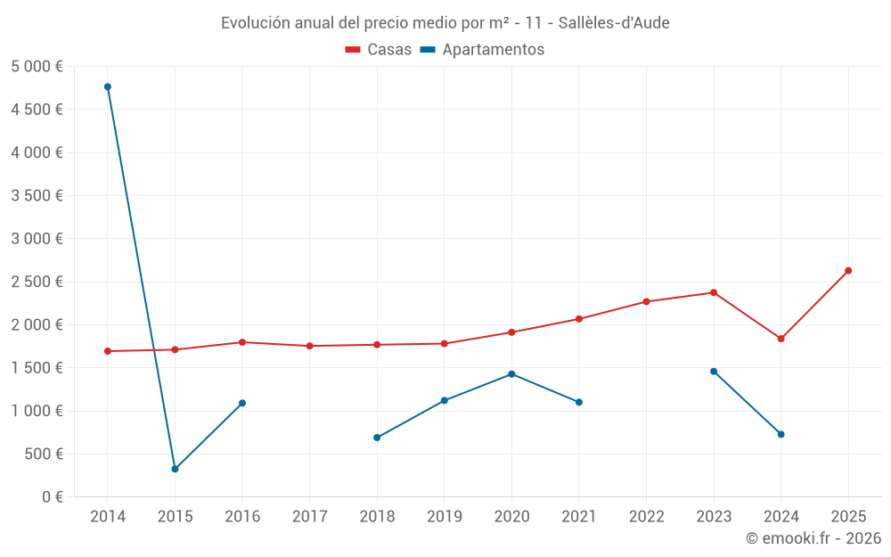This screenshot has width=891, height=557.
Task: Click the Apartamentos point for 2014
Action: (108, 86)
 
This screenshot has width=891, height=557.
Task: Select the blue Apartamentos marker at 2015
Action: (175, 469)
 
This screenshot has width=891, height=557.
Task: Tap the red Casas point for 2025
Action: (848, 270)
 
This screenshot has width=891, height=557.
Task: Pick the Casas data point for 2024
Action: (781, 339)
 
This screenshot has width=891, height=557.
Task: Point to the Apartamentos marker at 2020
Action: (511, 374)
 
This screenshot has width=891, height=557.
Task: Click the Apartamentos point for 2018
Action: (377, 438)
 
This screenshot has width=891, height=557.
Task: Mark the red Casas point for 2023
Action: (714, 292)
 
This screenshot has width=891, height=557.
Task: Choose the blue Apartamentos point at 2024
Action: (781, 434)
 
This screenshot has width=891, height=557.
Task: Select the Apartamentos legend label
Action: (493, 50)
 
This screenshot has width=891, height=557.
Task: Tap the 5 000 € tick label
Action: (37, 67)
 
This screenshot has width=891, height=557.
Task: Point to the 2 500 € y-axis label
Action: (37, 282)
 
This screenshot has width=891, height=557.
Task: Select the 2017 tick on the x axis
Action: (309, 516)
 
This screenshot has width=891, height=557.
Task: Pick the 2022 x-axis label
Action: (646, 516)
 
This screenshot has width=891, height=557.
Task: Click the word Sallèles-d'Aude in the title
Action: (614, 22)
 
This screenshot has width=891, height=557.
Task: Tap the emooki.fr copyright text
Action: (813, 538)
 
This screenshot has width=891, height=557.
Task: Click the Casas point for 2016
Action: (242, 342)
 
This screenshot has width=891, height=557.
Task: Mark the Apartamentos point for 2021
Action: (579, 402)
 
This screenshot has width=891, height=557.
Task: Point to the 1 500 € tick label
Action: (37, 367)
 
